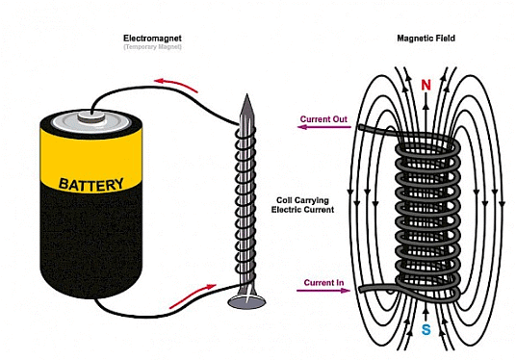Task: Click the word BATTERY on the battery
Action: coord(92,183)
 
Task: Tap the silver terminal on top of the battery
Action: coord(91,118)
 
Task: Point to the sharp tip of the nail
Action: coord(245,96)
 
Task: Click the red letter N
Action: coord(426,85)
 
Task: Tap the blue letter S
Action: coord(425,328)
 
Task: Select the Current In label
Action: coord(324,281)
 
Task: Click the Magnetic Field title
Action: coord(424,39)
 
